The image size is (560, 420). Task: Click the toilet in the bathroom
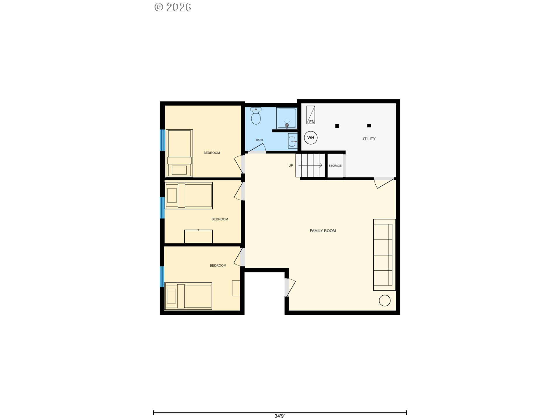[x=256, y=116]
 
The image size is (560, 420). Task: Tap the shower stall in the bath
[x=287, y=118]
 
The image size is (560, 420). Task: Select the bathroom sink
[x=293, y=142]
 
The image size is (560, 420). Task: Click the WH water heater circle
[x=311, y=138]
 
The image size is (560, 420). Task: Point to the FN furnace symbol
[x=311, y=115]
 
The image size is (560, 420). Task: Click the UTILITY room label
[x=368, y=139]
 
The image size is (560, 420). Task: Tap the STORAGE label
[x=335, y=166]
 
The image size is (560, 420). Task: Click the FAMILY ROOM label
[x=323, y=231]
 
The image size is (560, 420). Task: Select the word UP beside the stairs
[x=291, y=165]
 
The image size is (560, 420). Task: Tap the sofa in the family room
[x=384, y=255]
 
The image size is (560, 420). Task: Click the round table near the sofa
[x=384, y=301]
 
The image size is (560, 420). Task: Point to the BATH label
[x=259, y=140]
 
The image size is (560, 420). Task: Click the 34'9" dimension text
[x=280, y=416]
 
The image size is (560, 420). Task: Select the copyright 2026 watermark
[x=173, y=7]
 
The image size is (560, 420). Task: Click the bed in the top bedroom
[x=179, y=153]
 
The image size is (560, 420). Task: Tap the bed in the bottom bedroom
[x=188, y=296]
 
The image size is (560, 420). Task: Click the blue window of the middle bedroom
[x=162, y=208]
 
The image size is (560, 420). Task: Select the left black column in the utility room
[x=337, y=126]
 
